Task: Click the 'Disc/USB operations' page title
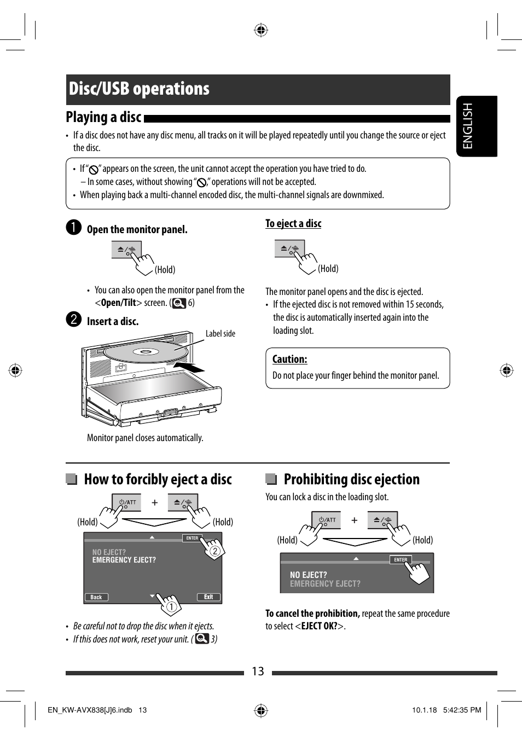(139, 89)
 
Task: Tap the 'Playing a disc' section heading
(103, 117)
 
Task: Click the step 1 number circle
(74, 228)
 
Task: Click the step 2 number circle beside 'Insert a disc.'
(74, 320)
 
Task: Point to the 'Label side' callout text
(220, 334)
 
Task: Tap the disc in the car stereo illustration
(145, 351)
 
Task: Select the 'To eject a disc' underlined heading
(293, 223)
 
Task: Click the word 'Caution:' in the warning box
(289, 360)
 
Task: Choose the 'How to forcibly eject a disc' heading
(158, 479)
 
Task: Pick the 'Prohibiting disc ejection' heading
(351, 479)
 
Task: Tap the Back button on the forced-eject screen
(96, 597)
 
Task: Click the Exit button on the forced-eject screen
(208, 597)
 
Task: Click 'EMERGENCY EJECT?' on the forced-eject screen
(124, 560)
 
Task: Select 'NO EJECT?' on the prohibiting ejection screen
(308, 575)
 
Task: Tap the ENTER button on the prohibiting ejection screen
(401, 559)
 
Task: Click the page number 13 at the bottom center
(258, 671)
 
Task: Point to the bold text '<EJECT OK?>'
(320, 626)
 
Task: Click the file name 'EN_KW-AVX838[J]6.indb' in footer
(90, 710)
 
